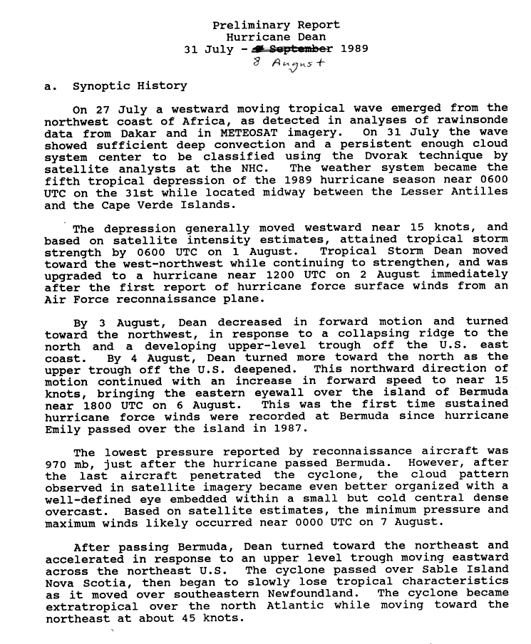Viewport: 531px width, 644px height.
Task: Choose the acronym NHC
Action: pos(241,169)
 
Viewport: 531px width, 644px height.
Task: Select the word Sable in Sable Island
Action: pos(431,569)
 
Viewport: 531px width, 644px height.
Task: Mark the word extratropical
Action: pos(86,606)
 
